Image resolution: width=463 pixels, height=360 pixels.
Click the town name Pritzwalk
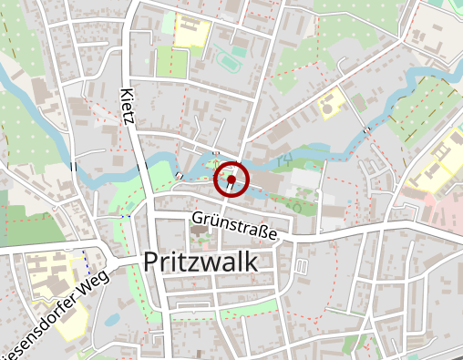[201, 262]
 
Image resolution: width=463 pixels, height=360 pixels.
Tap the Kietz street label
[128, 107]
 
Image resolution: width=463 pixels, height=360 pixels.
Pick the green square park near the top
[170, 62]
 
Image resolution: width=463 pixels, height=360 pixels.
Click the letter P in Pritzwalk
[151, 262]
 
